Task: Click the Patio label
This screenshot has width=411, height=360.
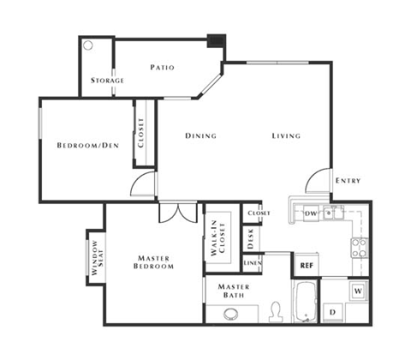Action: (x=164, y=67)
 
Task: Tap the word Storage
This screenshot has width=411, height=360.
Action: (x=108, y=81)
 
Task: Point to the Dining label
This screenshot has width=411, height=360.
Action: (x=200, y=136)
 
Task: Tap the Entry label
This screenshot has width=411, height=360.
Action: (x=348, y=181)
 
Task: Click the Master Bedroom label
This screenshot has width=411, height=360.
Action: (x=155, y=261)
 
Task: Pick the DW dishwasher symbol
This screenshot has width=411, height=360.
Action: (x=312, y=213)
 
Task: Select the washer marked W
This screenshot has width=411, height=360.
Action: (x=357, y=291)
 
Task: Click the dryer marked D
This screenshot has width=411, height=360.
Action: (x=331, y=312)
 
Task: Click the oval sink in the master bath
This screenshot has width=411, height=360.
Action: (x=231, y=315)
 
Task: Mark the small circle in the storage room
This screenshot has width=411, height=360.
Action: (x=88, y=45)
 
